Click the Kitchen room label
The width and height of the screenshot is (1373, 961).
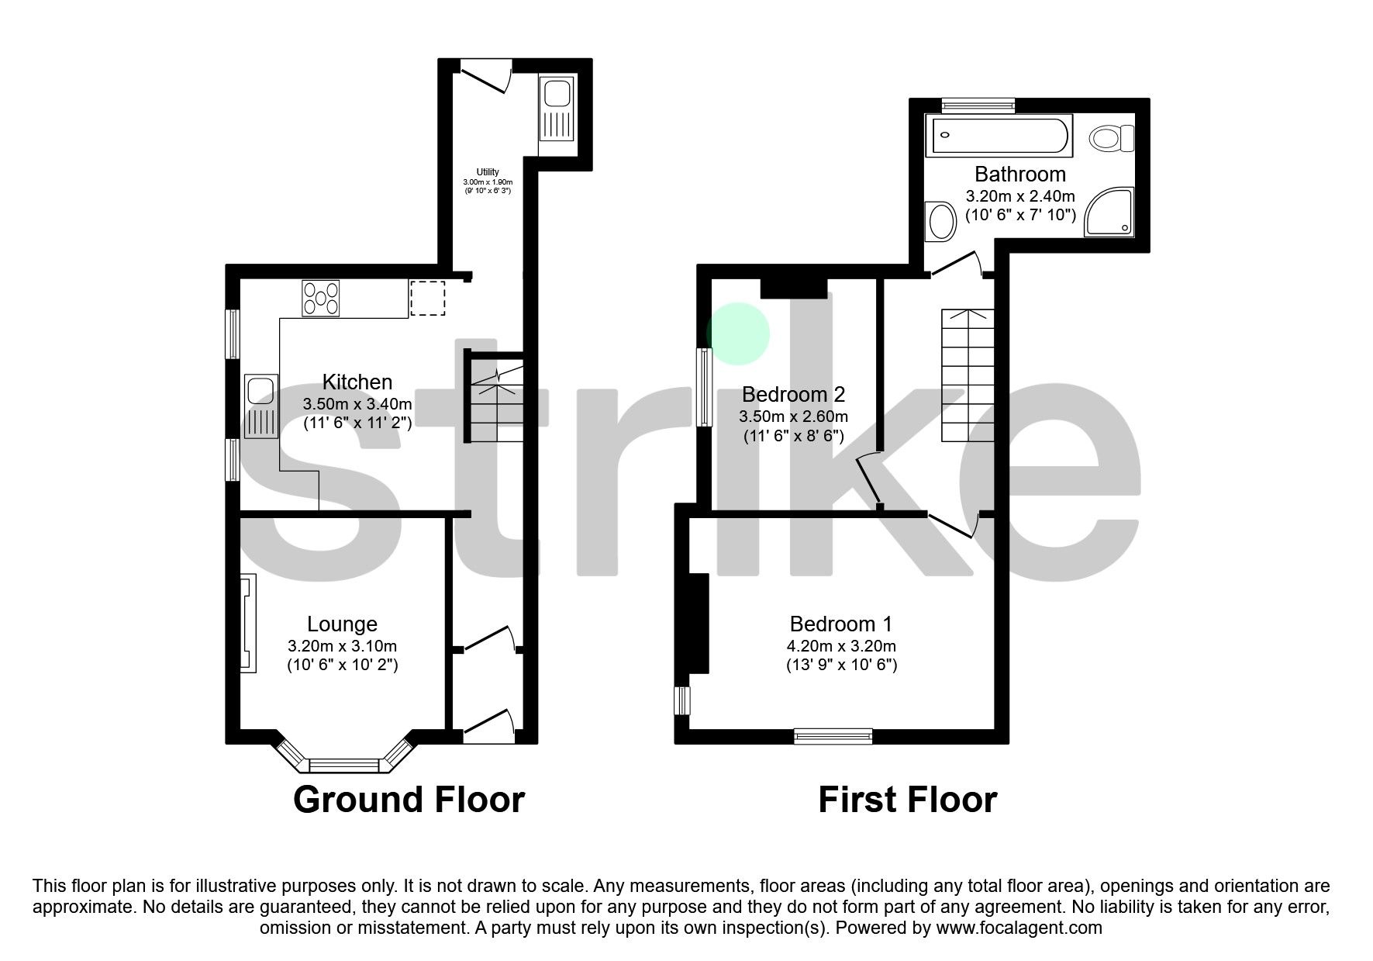[357, 382]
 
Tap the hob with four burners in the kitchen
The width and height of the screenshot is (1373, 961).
[321, 299]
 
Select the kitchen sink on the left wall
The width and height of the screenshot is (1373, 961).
[260, 406]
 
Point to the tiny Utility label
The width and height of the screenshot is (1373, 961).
[488, 172]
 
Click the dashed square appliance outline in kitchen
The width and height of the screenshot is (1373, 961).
[427, 299]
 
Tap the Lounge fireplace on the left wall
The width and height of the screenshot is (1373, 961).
[248, 623]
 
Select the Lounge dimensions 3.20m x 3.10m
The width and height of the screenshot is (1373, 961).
[342, 646]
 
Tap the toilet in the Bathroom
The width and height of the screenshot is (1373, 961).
[1112, 140]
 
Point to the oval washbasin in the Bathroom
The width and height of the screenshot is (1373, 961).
[942, 221]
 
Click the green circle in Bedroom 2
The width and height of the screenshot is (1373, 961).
[738, 334]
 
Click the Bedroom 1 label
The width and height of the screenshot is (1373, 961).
[840, 624]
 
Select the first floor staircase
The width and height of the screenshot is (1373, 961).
[968, 375]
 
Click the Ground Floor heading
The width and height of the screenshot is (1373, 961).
[409, 800]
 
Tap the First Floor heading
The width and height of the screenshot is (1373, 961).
[907, 800]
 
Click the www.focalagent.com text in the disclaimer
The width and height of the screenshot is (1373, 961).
[1019, 928]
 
